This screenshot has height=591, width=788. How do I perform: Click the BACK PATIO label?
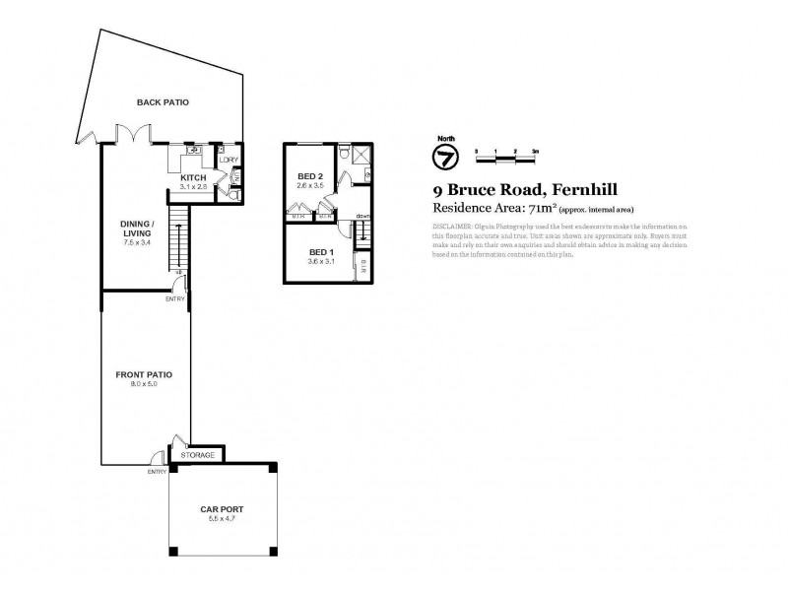(163, 101)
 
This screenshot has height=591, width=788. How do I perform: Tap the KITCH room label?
(193, 177)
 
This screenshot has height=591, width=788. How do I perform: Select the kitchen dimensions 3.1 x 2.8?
(193, 186)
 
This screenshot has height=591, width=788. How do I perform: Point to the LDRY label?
(228, 160)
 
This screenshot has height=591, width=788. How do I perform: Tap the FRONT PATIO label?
(144, 375)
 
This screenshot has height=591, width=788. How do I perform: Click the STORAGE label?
(198, 455)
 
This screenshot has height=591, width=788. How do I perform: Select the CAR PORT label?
(222, 509)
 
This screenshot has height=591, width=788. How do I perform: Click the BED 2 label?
(310, 176)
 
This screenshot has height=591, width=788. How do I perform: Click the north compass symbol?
(444, 157)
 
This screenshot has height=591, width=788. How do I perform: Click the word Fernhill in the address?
(584, 190)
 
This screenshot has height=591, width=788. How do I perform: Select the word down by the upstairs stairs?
(362, 217)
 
